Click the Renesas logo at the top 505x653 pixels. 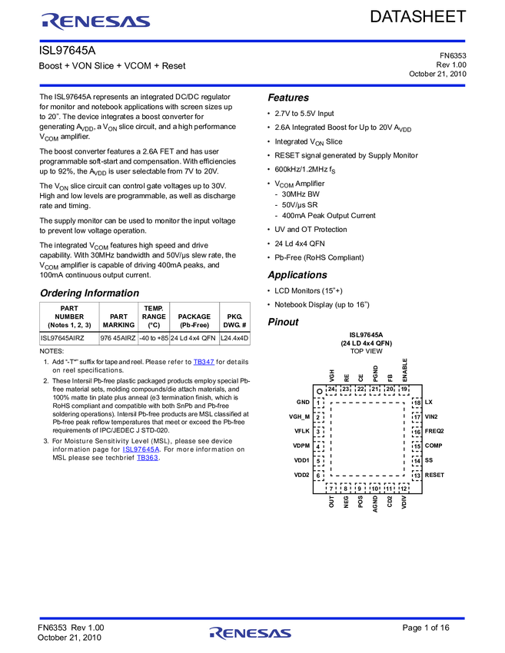(x=96, y=22)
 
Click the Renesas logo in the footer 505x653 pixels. (x=251, y=633)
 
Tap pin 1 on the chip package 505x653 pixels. (x=318, y=403)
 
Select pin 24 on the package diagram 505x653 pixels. (x=331, y=389)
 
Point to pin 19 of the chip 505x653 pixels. (x=404, y=389)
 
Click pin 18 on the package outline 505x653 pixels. (x=417, y=403)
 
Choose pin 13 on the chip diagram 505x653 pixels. (x=417, y=476)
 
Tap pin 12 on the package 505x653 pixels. (x=404, y=488)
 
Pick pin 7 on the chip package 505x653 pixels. (x=331, y=488)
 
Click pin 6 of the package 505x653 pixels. (x=318, y=476)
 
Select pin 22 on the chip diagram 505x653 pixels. (x=360, y=389)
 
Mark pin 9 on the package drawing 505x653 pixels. (x=360, y=488)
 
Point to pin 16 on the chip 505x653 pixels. (x=417, y=432)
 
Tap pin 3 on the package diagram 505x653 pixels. (x=318, y=432)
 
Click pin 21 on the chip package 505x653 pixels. (x=374, y=389)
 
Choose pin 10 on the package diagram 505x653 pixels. (x=374, y=488)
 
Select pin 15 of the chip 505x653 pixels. (x=417, y=446)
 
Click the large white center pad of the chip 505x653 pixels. (x=367, y=439)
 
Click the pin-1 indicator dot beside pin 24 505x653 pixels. (x=320, y=391)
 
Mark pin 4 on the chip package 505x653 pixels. (x=318, y=446)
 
